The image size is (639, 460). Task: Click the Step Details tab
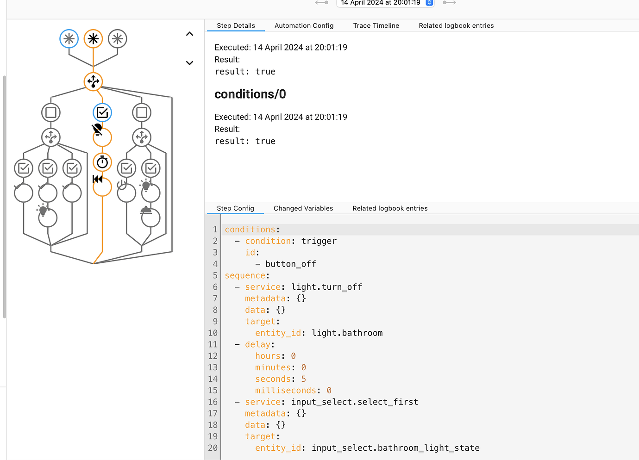[x=236, y=25]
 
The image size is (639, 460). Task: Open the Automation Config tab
[x=304, y=25]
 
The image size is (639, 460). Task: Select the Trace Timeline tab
[x=376, y=25]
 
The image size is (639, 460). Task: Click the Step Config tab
[x=235, y=208]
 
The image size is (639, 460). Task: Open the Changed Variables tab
[x=303, y=208]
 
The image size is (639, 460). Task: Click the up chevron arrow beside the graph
[x=189, y=34]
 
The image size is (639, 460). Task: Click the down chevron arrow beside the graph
[x=189, y=63]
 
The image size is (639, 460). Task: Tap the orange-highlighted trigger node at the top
[x=93, y=39]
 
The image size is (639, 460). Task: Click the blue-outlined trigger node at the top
[x=69, y=39]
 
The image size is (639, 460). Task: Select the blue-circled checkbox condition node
[x=102, y=112]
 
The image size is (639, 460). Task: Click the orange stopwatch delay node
[x=102, y=162]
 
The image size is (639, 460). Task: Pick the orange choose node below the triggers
[x=93, y=81]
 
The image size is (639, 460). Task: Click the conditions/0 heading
[x=250, y=94]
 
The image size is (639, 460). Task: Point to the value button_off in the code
[x=290, y=264]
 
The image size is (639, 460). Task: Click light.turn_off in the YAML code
[x=326, y=287]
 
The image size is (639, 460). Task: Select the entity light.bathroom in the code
[x=347, y=333]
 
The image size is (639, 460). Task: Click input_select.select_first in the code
[x=354, y=402]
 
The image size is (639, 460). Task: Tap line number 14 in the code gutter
[x=213, y=379]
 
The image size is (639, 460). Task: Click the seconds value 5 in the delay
[x=303, y=379]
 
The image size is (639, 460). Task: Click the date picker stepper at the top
[x=429, y=3]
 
